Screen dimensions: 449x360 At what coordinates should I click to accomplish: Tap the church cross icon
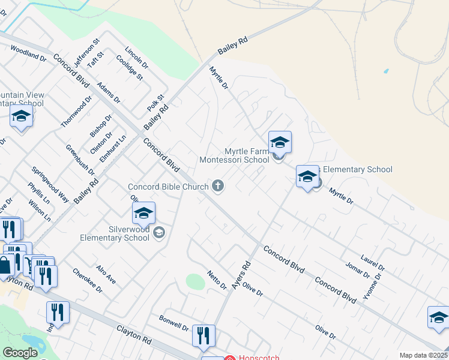coord(218,187)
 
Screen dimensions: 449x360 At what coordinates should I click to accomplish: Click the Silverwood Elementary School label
coord(115,233)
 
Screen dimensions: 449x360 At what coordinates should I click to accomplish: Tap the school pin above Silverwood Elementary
coord(143,214)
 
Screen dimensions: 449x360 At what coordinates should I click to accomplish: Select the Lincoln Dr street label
coord(136,56)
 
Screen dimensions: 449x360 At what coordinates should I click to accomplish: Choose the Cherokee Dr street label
coord(88,280)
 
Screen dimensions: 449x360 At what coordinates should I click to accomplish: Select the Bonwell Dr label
coord(174,323)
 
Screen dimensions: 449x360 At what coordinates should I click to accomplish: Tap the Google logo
coord(20,353)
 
